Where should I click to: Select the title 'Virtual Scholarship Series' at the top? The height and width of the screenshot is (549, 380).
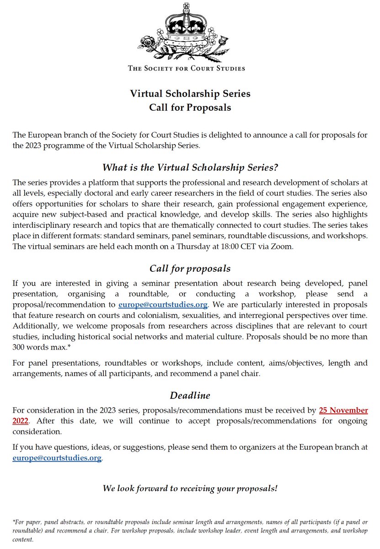coord(190,94)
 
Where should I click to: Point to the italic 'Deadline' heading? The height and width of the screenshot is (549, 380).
coord(190,395)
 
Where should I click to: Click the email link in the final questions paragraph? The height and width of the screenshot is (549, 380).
coord(57,457)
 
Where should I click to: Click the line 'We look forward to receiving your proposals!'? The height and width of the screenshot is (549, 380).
coord(190,488)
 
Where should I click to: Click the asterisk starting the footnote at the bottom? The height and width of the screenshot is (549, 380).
coord(14,521)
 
